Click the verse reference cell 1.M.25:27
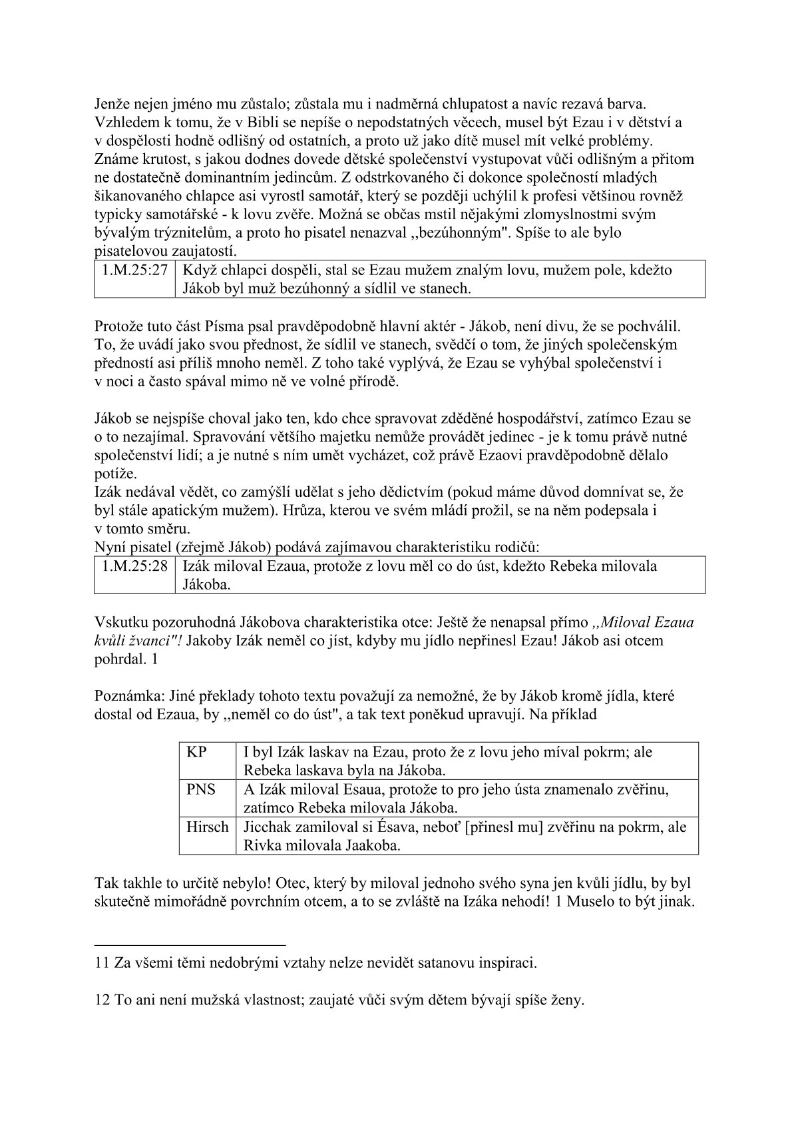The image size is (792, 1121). click(x=135, y=270)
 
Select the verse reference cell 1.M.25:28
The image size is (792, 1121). click(x=135, y=566)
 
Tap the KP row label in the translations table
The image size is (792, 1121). click(x=197, y=752)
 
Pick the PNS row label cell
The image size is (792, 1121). click(x=202, y=789)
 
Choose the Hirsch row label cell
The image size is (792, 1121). click(x=208, y=827)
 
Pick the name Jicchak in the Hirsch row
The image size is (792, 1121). click(x=270, y=827)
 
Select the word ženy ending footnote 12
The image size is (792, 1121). click(x=566, y=1000)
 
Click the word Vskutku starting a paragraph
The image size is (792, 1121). click(x=120, y=622)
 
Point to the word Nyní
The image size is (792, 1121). click(x=110, y=548)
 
